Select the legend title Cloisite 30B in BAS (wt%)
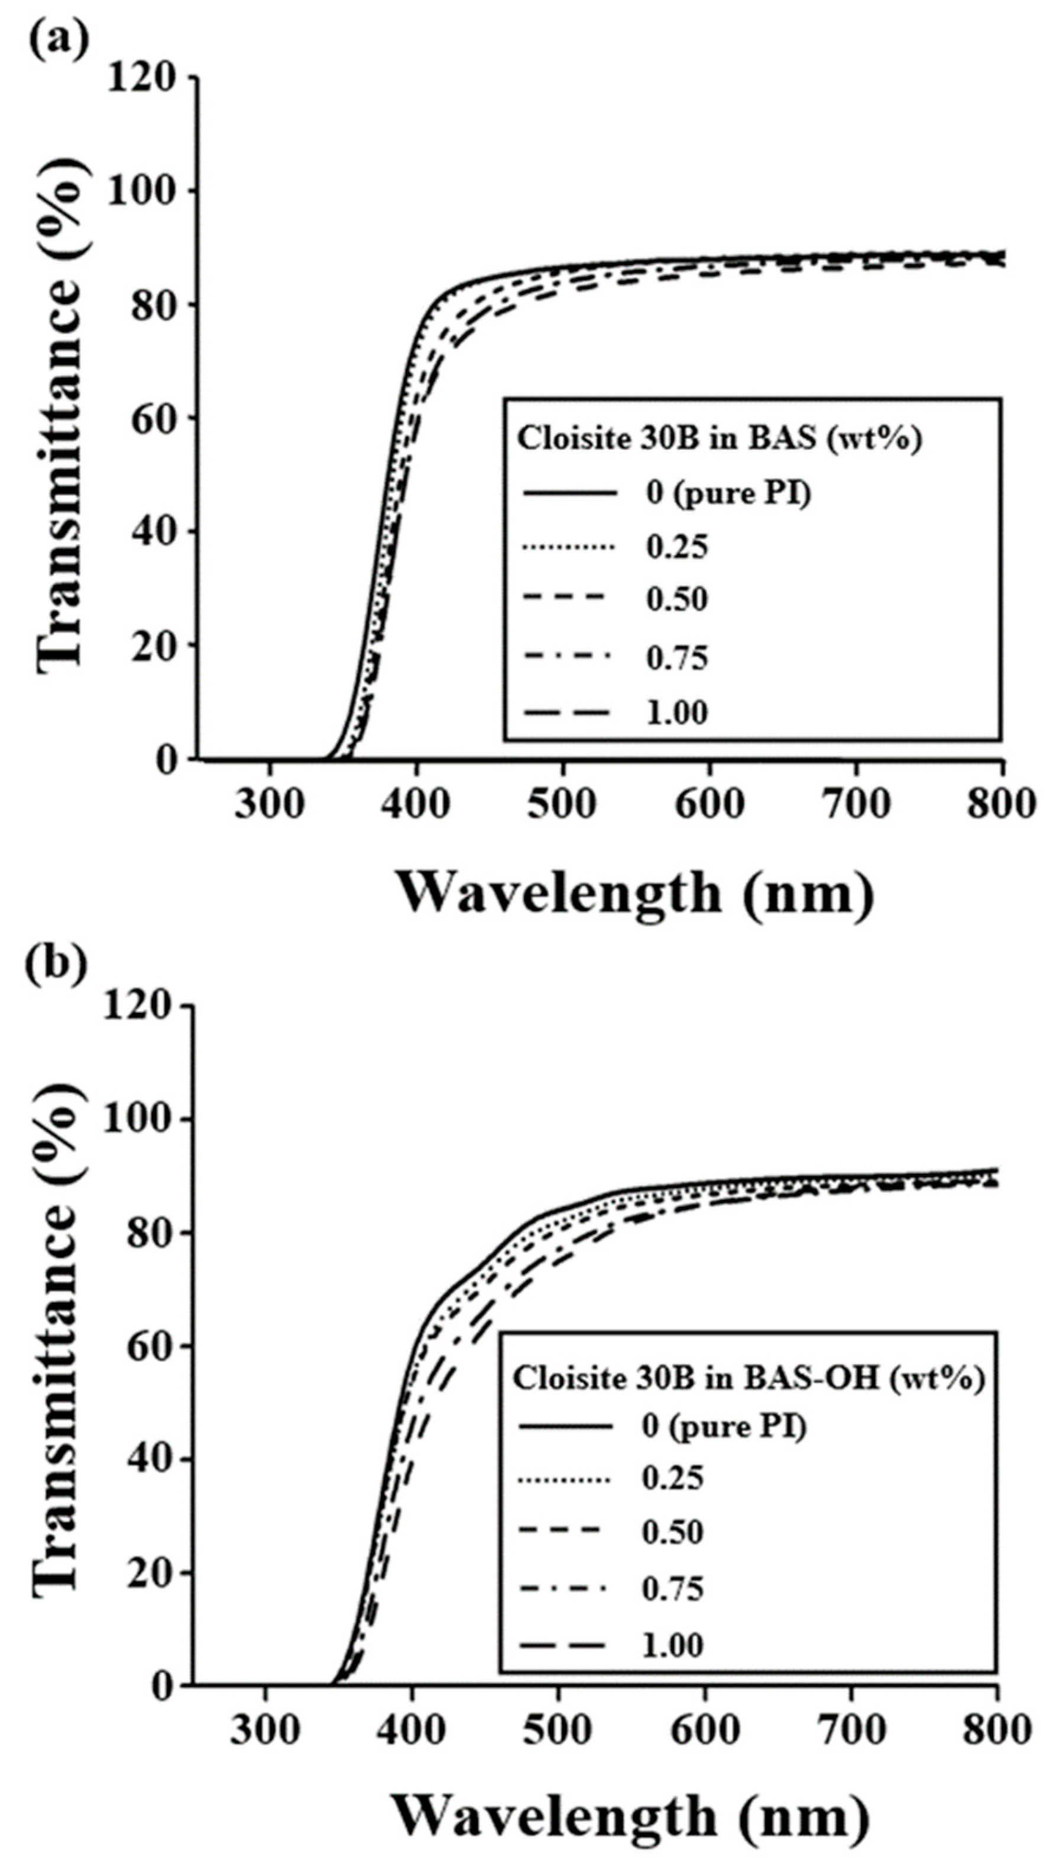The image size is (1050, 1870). (x=718, y=439)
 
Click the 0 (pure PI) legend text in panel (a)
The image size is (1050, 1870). (x=728, y=494)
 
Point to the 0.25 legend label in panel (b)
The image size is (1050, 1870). (x=672, y=1478)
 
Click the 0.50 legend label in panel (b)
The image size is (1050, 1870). (x=672, y=1532)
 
